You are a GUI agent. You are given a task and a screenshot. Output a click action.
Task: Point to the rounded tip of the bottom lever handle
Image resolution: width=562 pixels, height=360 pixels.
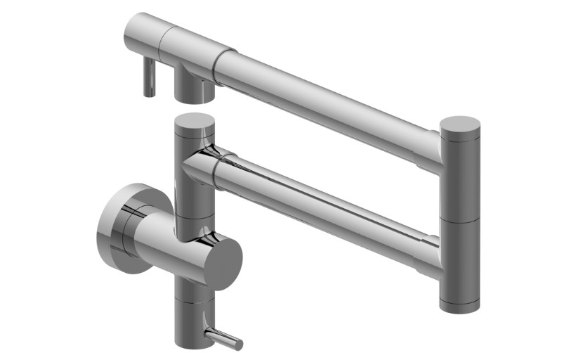click(238, 345)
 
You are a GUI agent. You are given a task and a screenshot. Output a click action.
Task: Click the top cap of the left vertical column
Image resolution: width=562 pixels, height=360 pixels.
click(194, 121)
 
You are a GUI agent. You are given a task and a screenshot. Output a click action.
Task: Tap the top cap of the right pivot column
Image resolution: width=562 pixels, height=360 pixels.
click(460, 126)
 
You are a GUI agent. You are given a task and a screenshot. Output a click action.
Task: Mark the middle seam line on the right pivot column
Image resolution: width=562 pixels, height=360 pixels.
click(459, 219)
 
